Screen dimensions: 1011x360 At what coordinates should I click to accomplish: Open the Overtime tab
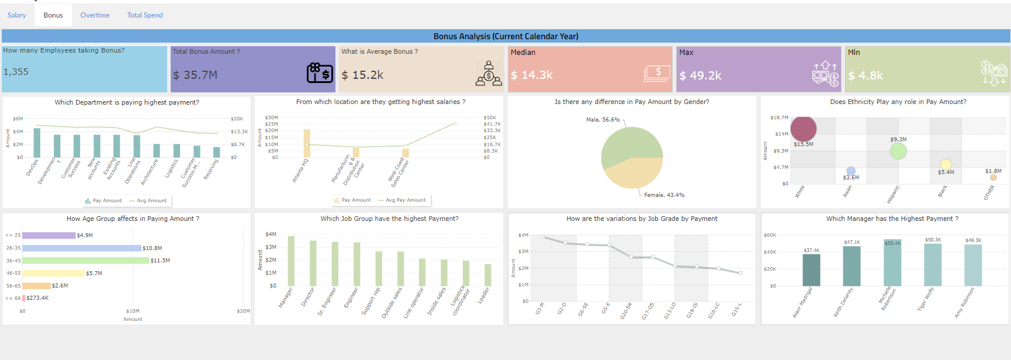point(95,15)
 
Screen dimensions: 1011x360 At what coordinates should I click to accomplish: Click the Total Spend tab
point(145,15)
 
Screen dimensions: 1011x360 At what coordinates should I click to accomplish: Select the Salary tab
point(16,15)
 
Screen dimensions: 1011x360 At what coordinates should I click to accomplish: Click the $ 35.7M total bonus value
point(195,75)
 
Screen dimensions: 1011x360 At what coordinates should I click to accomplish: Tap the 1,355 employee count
point(16,72)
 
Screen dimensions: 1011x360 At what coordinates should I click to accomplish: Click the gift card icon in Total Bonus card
point(320,73)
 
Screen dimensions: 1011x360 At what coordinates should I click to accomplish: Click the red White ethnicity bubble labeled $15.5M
point(803,128)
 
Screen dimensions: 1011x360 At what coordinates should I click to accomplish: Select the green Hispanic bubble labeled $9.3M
point(898,151)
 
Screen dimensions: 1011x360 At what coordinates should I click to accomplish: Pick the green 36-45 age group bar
point(85,261)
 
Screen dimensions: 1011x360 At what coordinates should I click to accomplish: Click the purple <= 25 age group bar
point(49,236)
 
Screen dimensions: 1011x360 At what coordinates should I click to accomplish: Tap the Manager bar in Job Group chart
point(291,261)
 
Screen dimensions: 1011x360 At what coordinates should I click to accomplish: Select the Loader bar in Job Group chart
point(487,275)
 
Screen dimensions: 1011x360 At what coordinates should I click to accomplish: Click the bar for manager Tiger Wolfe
point(932,265)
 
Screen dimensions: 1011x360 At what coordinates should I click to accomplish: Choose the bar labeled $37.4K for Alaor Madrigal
point(811,270)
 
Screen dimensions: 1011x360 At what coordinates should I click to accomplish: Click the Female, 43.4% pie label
point(664,195)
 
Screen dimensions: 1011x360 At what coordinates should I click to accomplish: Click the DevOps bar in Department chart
point(37,143)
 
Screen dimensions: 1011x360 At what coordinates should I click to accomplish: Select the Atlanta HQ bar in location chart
point(307,143)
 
